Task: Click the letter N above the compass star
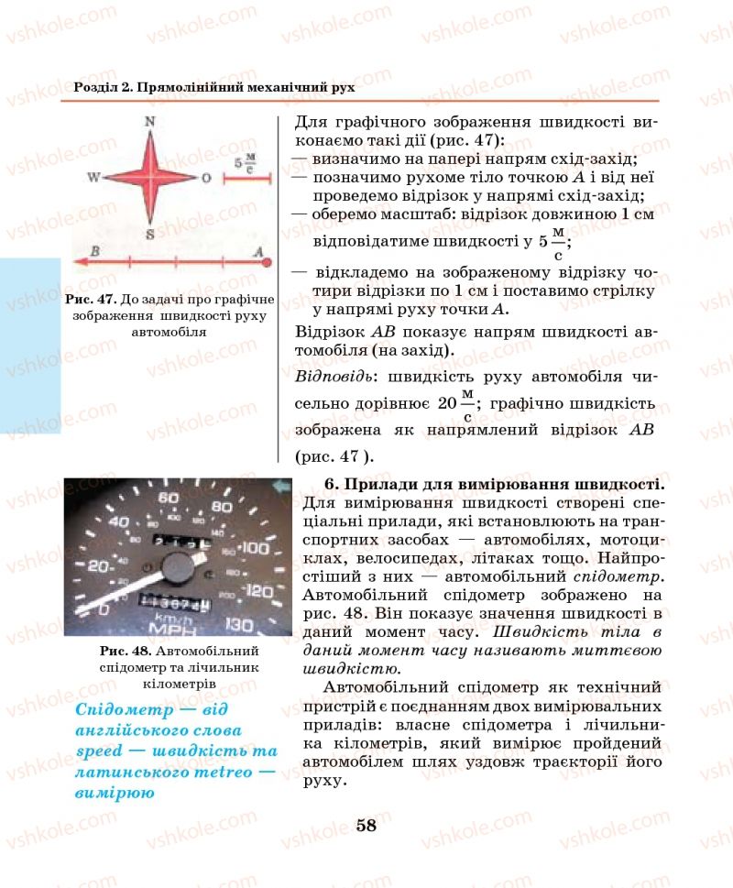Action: (150, 122)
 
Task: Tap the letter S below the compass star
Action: (150, 235)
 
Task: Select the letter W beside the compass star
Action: (93, 177)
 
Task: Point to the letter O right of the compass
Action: (206, 178)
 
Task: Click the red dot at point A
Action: (268, 263)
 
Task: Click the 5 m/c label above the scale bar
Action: (246, 163)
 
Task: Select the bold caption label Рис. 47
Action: (88, 300)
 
